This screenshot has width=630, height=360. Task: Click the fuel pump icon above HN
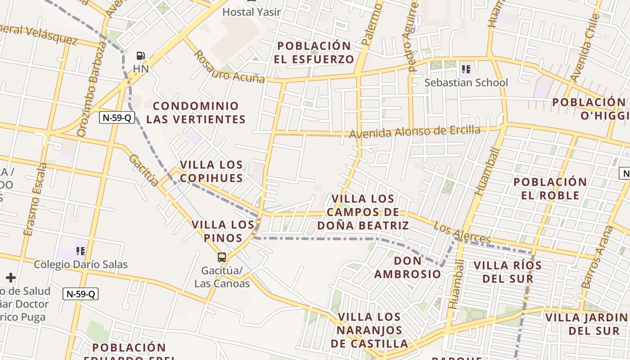click(141, 56)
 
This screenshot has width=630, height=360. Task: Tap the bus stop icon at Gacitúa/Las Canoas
click(222, 257)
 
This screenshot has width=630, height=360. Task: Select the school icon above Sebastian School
click(466, 69)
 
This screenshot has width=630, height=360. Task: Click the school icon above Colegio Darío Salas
click(81, 251)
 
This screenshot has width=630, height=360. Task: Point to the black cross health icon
click(10, 278)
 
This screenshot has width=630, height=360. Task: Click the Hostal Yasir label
click(252, 12)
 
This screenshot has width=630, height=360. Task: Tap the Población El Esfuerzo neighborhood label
click(314, 52)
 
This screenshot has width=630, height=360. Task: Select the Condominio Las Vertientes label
click(196, 112)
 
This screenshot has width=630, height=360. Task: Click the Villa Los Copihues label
click(211, 171)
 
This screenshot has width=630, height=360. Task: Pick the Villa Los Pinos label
click(223, 231)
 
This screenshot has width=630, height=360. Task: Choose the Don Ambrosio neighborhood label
click(408, 267)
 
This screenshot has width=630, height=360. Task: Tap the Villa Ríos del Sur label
click(508, 272)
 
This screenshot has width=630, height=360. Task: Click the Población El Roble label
click(550, 189)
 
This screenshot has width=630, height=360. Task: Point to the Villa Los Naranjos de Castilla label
click(369, 330)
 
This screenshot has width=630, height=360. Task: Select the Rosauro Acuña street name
click(229, 67)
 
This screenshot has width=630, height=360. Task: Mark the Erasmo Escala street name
click(35, 199)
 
